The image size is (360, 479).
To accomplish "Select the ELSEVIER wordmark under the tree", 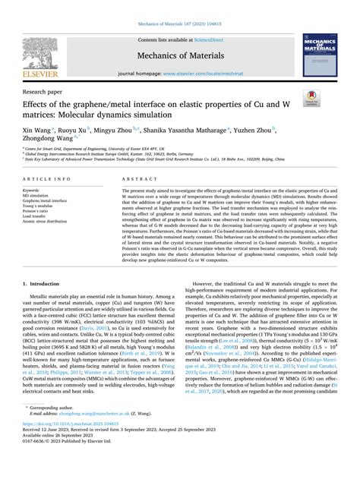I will (49, 72).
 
